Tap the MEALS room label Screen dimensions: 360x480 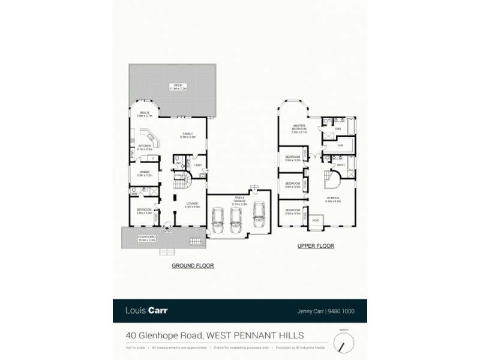tap(145, 112)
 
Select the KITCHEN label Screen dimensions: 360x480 tap(145, 146)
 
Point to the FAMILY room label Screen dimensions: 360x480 tap(184, 134)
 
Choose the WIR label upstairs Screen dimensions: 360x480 tap(340, 145)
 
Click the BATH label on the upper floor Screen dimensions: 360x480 tap(340, 164)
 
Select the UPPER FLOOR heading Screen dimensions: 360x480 tap(316, 246)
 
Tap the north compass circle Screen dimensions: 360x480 tap(344, 343)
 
